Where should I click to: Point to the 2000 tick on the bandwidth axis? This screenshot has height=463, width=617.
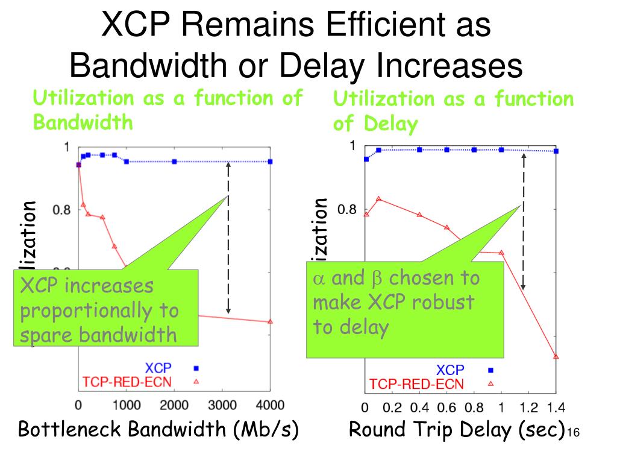pos(174,405)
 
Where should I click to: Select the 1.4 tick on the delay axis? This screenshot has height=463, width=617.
pos(556,407)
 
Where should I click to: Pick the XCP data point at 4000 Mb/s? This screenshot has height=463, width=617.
pos(271,162)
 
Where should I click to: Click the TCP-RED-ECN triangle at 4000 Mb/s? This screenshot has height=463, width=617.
pos(270,321)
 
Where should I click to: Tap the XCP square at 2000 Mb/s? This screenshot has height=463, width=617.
pos(174,162)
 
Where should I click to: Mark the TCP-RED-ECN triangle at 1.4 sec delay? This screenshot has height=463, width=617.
pos(556,357)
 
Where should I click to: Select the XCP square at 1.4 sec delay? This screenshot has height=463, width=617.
pos(556,151)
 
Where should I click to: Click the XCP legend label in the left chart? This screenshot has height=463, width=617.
pos(157,368)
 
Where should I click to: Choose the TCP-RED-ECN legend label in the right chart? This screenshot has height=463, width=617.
pos(416,384)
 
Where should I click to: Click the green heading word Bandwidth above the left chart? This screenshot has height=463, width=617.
pos(83,123)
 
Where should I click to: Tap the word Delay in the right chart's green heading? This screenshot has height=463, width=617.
pos(390,125)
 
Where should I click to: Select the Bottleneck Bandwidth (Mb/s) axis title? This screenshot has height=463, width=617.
pos(158,430)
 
